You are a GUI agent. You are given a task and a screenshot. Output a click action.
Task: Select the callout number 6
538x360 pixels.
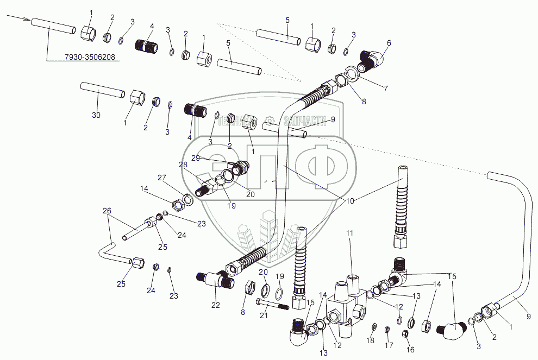click(x=389, y=42)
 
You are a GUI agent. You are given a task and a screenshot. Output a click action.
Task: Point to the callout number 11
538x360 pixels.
click(x=350, y=233)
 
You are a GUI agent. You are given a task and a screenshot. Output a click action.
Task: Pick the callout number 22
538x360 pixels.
click(x=216, y=305)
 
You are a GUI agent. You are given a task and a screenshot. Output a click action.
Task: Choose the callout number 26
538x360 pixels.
click(x=107, y=211)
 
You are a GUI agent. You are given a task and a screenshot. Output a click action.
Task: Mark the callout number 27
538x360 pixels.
click(x=161, y=178)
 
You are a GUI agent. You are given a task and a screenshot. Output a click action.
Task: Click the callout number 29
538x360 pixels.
click(x=196, y=157)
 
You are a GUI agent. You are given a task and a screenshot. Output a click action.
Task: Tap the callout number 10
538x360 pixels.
click(x=350, y=201)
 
